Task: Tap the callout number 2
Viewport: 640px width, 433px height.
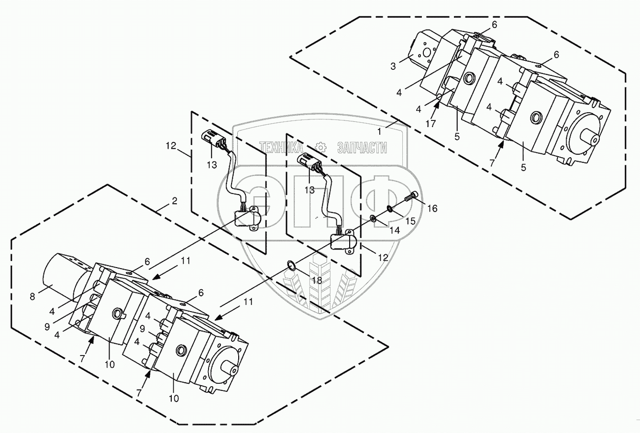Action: pyautogui.click(x=175, y=202)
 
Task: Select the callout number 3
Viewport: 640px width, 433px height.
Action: pyautogui.click(x=393, y=66)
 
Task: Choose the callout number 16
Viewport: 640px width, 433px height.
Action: pyautogui.click(x=432, y=209)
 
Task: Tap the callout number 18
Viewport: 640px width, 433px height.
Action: pyautogui.click(x=317, y=280)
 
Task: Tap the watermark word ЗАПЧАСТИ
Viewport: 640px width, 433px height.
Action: pyautogui.click(x=362, y=147)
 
